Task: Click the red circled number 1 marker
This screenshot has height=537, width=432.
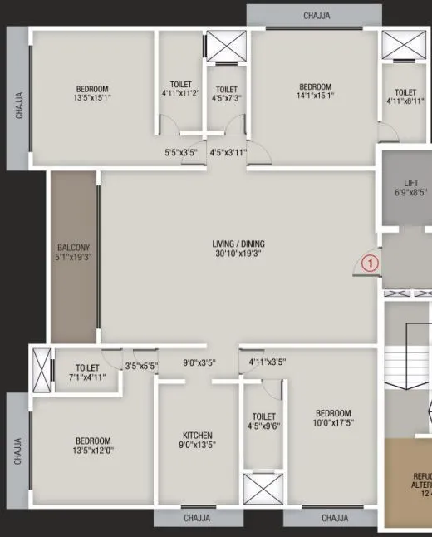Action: (371, 263)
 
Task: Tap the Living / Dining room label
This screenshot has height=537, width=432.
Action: (238, 244)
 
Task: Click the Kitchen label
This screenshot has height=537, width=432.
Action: (198, 436)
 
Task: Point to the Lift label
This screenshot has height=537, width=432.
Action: (411, 182)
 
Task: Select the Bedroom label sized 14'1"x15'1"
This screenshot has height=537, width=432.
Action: (316, 87)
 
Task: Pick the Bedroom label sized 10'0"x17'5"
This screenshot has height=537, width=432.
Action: (332, 413)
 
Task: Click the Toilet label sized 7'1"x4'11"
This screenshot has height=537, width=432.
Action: (87, 367)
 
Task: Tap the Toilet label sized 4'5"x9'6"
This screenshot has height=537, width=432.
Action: (263, 416)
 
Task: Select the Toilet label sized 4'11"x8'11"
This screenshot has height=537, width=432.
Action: (405, 93)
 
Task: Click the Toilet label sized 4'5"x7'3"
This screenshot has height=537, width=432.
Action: (227, 90)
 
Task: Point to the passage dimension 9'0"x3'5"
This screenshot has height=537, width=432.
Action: (199, 362)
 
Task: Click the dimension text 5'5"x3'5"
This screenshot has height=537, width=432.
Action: (180, 152)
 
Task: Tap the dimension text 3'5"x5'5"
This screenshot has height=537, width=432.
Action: (141, 366)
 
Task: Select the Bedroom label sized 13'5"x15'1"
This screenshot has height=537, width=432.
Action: (92, 90)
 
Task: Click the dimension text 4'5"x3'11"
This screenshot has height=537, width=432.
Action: (228, 152)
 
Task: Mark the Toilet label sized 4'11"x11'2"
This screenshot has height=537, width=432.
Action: (180, 86)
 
